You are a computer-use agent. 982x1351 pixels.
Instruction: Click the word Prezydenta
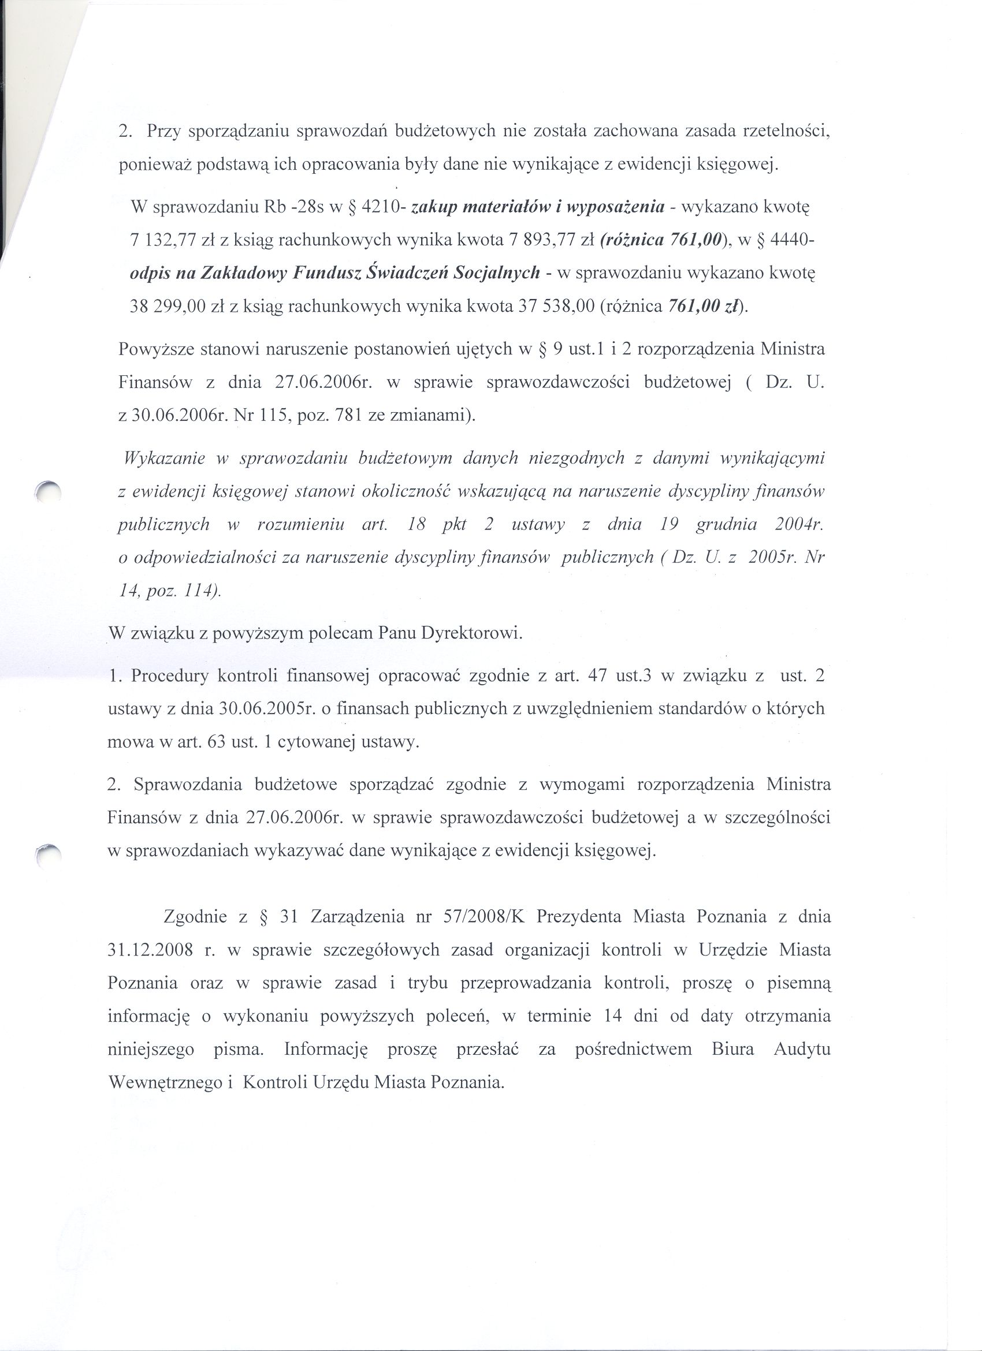pos(577,916)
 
